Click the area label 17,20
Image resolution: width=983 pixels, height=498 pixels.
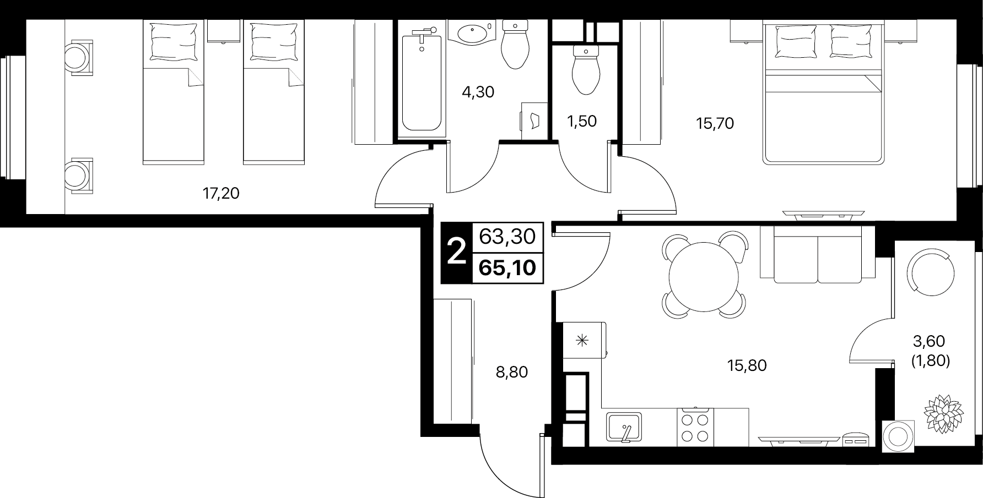click(x=221, y=194)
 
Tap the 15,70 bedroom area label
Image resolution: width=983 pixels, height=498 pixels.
click(x=715, y=124)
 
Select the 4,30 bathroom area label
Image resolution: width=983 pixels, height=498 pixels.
click(x=478, y=92)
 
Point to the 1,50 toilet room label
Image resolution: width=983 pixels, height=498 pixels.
click(x=582, y=121)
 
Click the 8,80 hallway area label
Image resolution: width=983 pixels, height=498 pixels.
click(x=511, y=373)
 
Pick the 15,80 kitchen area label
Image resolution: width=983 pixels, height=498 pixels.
click(x=747, y=365)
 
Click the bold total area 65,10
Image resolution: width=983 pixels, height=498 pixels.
click(x=507, y=268)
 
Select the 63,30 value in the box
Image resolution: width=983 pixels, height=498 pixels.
click(x=507, y=237)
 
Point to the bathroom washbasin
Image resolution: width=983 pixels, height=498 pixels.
click(x=472, y=32)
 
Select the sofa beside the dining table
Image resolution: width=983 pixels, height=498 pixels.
click(x=817, y=254)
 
